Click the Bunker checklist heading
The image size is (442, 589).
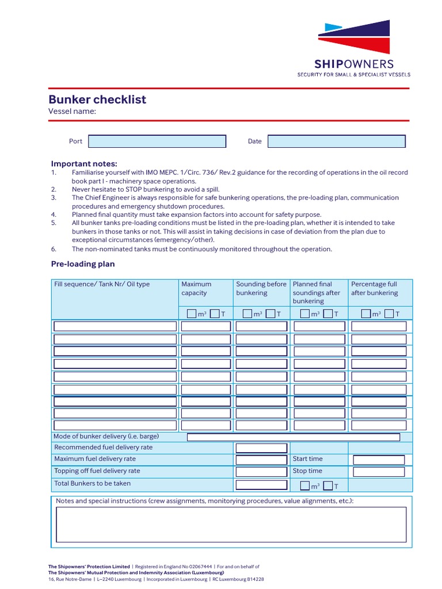(97, 100)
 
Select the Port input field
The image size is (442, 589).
(157, 141)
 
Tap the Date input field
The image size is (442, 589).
(337, 141)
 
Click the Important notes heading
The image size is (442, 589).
(84, 163)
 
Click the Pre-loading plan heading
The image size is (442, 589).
(83, 264)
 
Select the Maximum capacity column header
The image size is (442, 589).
(196, 288)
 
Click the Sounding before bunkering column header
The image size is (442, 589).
(261, 288)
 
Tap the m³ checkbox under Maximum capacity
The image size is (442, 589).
(191, 313)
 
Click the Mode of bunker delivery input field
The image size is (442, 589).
(293, 437)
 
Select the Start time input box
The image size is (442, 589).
(379, 460)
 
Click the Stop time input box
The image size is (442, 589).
(379, 472)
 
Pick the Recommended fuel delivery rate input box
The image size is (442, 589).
(261, 448)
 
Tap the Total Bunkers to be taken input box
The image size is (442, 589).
(261, 484)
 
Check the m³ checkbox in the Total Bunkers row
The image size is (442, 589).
(305, 486)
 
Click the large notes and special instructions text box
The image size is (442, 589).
(231, 524)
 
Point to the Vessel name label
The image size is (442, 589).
(72, 112)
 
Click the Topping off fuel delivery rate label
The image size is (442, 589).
(97, 471)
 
